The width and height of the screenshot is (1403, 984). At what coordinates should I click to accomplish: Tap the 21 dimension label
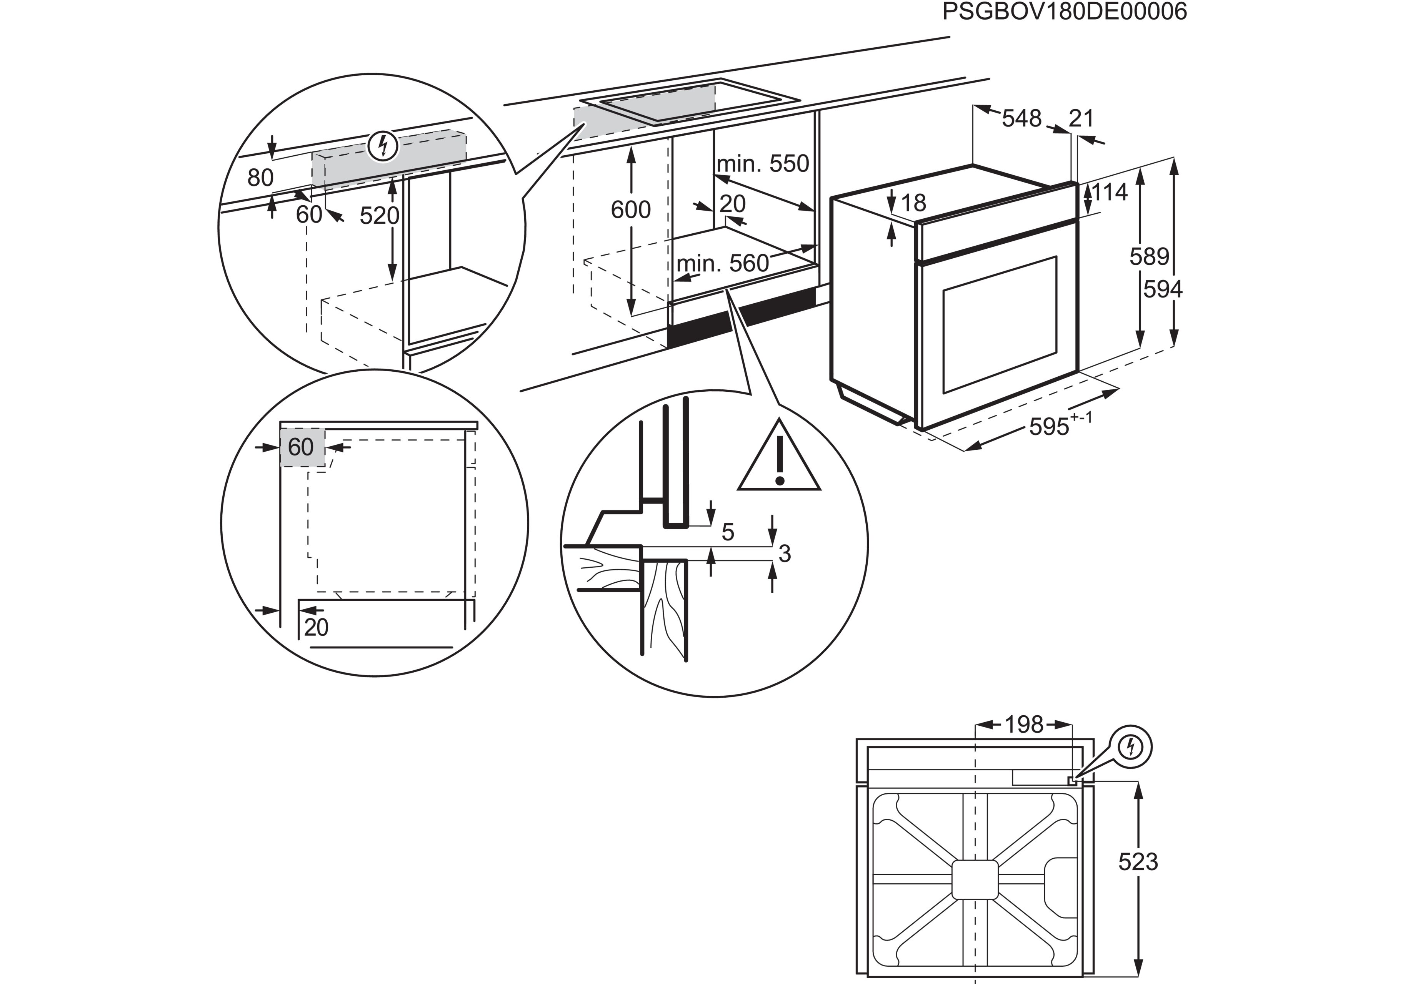coord(1081,118)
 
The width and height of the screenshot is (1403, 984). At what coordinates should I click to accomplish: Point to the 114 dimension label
coord(1109,193)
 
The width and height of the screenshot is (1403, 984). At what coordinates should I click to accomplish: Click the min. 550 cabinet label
coord(763,164)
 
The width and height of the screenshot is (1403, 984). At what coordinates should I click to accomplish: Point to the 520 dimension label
coord(379,216)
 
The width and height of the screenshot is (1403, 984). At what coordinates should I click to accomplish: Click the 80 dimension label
coord(260,178)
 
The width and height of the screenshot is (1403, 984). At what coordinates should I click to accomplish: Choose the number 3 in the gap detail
coord(785,553)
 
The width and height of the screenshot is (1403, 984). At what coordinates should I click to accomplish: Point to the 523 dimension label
coord(1138,861)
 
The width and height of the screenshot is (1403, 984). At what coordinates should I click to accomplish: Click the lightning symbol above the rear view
coord(1131,746)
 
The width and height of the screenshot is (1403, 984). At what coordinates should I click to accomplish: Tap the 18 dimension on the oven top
coord(913,203)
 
